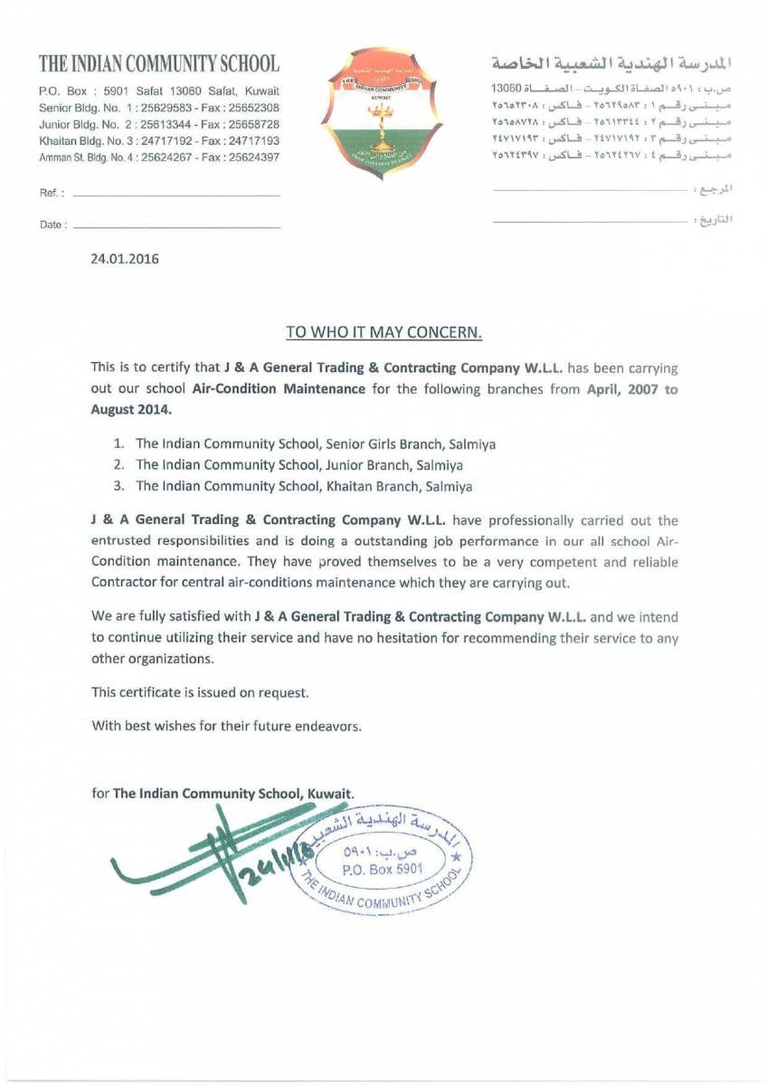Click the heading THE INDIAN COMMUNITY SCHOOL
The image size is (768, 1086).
pos(158,64)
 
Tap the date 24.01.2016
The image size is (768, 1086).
pos(125,260)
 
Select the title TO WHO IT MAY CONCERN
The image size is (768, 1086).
pos(384,332)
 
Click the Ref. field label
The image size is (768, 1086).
pos(51,195)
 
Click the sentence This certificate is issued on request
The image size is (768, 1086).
pos(201,692)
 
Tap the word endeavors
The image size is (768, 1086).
pos(329,727)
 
